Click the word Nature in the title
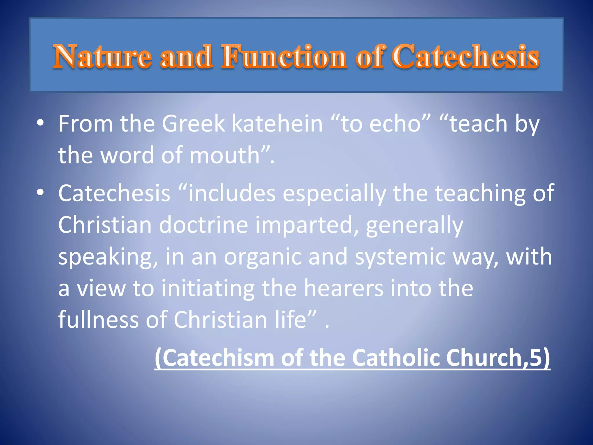click(102, 57)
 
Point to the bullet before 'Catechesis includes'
click(41, 192)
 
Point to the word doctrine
click(204, 225)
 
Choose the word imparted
click(304, 225)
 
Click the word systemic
click(400, 257)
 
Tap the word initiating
click(208, 288)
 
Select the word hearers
click(343, 288)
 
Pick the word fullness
click(98, 320)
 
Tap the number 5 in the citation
click(535, 358)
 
